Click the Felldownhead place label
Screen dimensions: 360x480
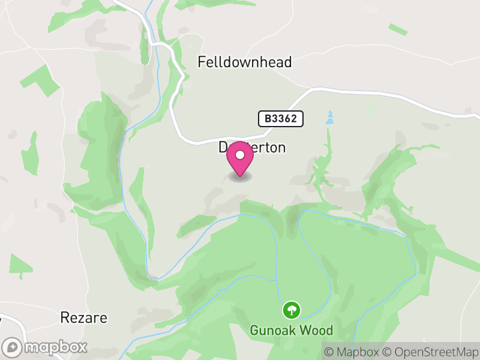coord(245,62)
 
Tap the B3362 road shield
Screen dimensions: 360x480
coord(281,119)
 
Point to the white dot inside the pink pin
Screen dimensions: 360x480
coord(240,155)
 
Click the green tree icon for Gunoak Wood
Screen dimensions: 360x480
coord(292,310)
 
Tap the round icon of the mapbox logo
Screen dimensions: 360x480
coord(13,347)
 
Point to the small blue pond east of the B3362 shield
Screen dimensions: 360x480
coord(329,118)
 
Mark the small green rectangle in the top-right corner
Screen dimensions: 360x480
coord(398,29)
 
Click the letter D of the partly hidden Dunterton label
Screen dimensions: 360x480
coord(223,148)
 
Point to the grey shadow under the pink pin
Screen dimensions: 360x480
coord(240,177)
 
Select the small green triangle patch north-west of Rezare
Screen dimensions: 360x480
coord(21,265)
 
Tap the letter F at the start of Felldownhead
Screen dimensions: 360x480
coord(202,62)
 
